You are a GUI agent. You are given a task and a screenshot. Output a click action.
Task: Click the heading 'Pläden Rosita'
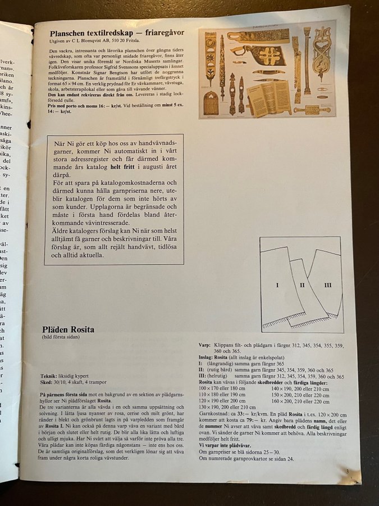coord(68,329)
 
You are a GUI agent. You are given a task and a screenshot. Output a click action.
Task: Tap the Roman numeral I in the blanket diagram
coord(277,285)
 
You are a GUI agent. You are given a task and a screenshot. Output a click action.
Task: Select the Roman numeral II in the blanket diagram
coord(302,285)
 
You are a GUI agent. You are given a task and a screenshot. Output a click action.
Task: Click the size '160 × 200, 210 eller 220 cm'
coord(300,401)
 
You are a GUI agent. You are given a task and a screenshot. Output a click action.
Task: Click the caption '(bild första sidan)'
coord(62,338)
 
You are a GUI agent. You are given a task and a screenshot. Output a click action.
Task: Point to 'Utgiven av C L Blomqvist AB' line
coord(84,42)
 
